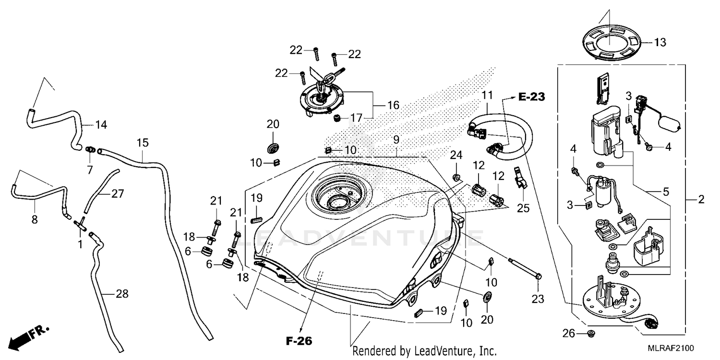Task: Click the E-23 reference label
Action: click(x=532, y=97)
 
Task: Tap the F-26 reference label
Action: click(x=299, y=341)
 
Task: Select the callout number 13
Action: click(x=660, y=43)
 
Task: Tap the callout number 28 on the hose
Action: click(x=122, y=294)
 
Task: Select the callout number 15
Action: click(x=143, y=143)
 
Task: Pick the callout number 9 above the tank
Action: click(x=396, y=140)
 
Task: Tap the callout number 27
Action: click(x=118, y=193)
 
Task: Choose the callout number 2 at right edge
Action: click(x=701, y=200)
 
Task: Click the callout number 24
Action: click(x=456, y=155)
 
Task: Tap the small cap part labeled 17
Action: click(x=336, y=118)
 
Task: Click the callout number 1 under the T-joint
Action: click(x=80, y=244)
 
